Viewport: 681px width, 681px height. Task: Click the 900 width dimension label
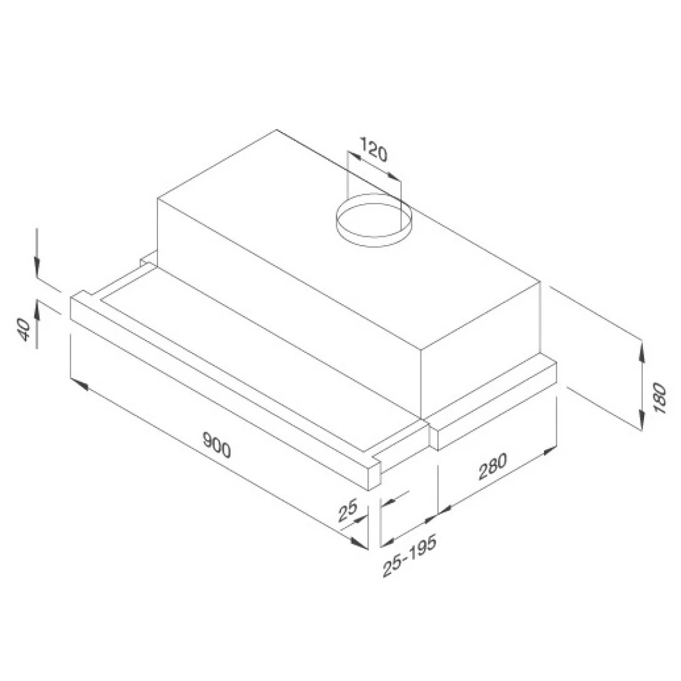pos(217,445)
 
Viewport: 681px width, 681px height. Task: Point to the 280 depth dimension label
pos(492,465)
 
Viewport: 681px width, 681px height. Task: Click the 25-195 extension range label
pos(409,555)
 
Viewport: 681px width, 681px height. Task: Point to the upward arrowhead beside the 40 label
pos(37,308)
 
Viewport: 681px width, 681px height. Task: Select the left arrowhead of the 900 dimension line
pos(79,382)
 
